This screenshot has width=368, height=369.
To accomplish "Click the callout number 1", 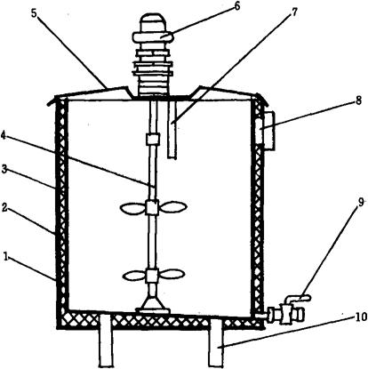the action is (x=5, y=256).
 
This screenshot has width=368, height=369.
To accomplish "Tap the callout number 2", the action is (x=4, y=207).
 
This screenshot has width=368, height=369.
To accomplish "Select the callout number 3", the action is (x=4, y=170).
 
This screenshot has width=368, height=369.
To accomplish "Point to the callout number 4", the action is (x=4, y=135).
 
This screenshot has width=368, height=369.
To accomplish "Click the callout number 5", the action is (x=34, y=15).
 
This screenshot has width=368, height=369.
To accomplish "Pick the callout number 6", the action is (x=236, y=6).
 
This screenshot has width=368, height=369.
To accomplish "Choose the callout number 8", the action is (x=358, y=101).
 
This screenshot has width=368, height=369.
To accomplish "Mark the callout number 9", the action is (x=361, y=202).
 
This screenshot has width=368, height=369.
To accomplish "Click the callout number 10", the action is (x=361, y=317).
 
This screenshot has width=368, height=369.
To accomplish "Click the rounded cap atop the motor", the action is (x=153, y=23).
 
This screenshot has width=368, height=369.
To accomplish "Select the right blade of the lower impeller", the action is (x=171, y=274).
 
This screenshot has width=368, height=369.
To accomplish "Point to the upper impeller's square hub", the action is (x=153, y=207).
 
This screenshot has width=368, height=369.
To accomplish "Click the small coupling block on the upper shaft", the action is (x=153, y=139).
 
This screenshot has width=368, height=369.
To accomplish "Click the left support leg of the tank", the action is (x=106, y=341).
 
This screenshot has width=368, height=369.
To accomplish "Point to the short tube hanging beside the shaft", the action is (x=172, y=129).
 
